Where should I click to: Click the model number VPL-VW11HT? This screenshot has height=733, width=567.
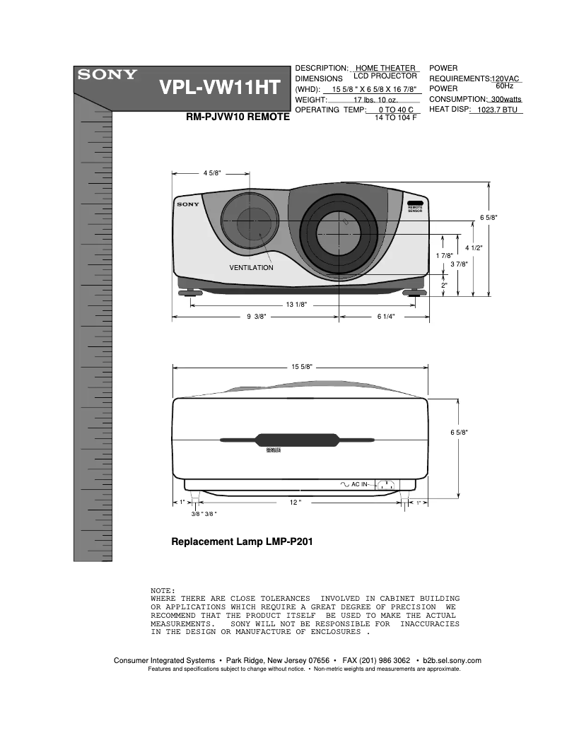click(x=220, y=89)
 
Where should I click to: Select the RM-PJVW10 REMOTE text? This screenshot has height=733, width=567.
click(x=237, y=118)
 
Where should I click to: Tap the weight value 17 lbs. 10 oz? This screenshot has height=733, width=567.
click(x=377, y=100)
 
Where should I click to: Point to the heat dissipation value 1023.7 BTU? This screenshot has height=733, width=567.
click(x=498, y=110)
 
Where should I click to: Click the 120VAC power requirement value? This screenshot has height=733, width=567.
click(x=505, y=78)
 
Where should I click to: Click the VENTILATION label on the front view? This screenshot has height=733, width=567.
click(x=251, y=268)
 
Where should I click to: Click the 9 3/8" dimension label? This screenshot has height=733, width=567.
click(x=256, y=317)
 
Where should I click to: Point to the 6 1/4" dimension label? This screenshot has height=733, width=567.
click(x=385, y=317)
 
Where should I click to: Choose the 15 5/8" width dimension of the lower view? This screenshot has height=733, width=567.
click(x=302, y=367)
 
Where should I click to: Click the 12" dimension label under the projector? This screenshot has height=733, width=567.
click(x=296, y=503)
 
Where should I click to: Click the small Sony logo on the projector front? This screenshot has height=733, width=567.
click(x=189, y=204)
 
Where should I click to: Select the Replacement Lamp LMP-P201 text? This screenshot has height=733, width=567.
click(x=242, y=542)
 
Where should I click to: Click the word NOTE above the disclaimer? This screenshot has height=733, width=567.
click(x=163, y=590)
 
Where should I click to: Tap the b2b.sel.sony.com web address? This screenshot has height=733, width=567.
click(x=452, y=661)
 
